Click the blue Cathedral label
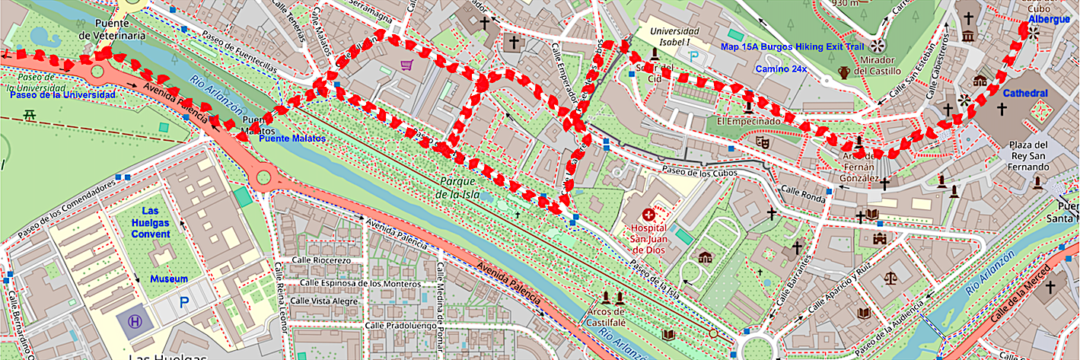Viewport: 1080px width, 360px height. pyautogui.click(x=1024, y=93)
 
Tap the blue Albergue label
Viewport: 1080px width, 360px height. pyautogui.click(x=1048, y=19)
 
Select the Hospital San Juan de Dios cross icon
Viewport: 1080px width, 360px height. pyautogui.click(x=648, y=215)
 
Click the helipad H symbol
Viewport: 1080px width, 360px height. pyautogui.click(x=135, y=323)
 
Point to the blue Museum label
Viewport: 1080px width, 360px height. pyautogui.click(x=168, y=279)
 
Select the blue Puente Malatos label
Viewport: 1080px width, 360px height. pyautogui.click(x=292, y=139)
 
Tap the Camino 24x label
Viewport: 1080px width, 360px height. pyautogui.click(x=781, y=69)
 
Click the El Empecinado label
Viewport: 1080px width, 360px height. pyautogui.click(x=749, y=121)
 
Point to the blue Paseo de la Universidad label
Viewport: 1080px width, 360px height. pyautogui.click(x=62, y=95)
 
